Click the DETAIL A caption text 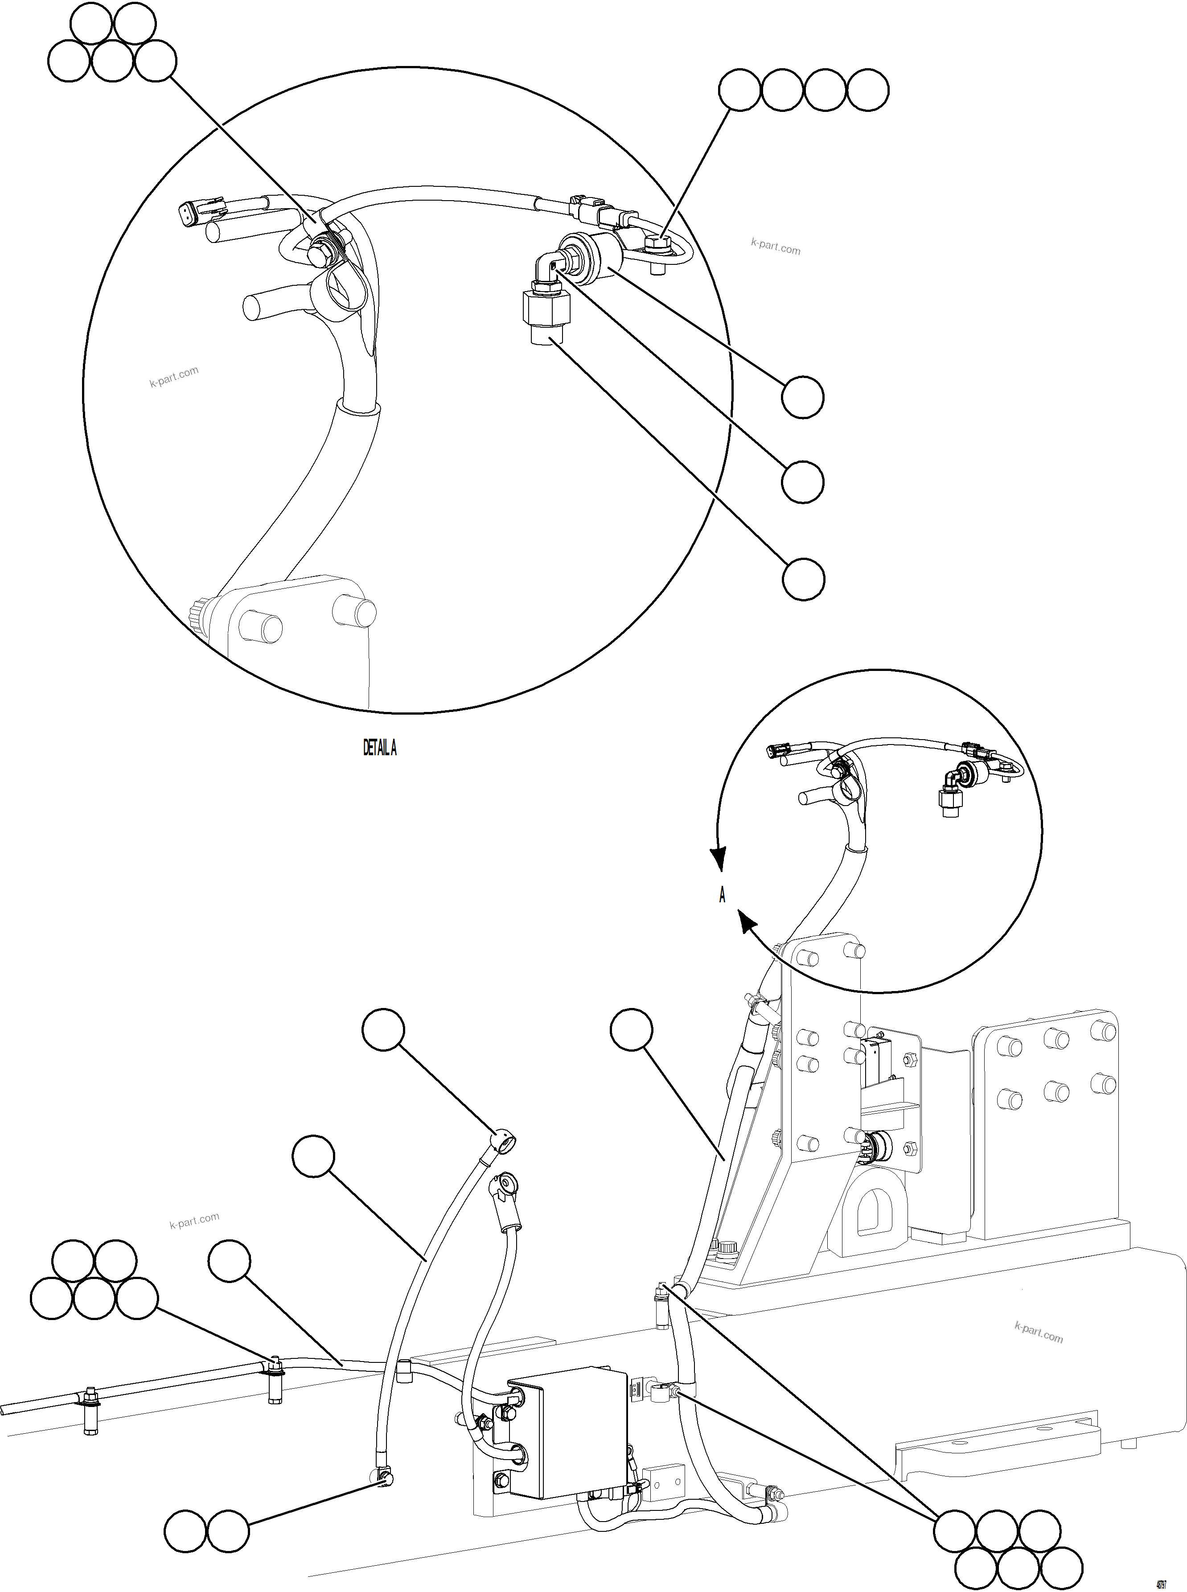379,748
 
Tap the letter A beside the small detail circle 722,895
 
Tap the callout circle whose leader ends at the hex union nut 803,579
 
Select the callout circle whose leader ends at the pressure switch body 803,397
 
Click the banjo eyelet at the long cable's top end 503,1141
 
